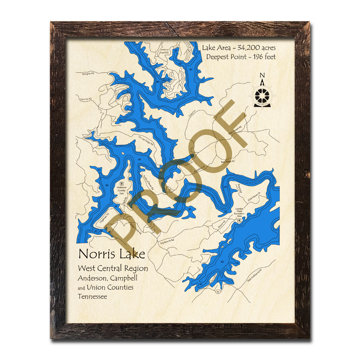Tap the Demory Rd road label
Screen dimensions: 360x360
[x=86, y=99]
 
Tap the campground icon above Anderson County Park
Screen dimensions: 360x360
[x=121, y=182]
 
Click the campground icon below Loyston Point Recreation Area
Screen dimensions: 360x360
[x=239, y=220]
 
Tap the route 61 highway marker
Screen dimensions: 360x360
[x=218, y=292]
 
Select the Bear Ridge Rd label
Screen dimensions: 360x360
[x=228, y=162]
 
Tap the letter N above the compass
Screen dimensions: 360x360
[x=262, y=76]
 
